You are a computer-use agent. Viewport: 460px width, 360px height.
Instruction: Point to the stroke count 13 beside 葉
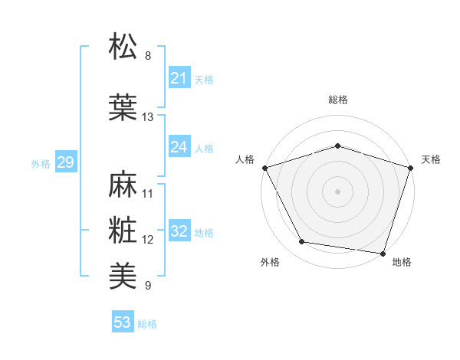pyautogui.click(x=148, y=117)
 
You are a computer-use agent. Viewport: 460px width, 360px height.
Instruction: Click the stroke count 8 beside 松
pyautogui.click(x=148, y=56)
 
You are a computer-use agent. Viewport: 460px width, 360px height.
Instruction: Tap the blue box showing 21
pyautogui.click(x=179, y=77)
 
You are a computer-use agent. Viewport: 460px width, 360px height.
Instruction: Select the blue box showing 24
pyautogui.click(x=179, y=146)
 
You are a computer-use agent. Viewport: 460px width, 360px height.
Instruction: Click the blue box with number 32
pyautogui.click(x=179, y=231)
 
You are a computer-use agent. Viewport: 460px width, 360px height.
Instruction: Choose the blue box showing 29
pyautogui.click(x=65, y=162)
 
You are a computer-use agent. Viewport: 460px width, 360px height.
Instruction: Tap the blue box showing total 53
pyautogui.click(x=123, y=322)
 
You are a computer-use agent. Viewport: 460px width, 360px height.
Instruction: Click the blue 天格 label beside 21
pyautogui.click(x=204, y=79)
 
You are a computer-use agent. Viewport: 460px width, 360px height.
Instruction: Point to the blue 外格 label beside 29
pyautogui.click(x=41, y=163)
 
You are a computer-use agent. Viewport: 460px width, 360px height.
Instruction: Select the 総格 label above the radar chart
pyautogui.click(x=338, y=100)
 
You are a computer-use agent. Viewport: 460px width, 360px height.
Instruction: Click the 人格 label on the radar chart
pyautogui.click(x=245, y=159)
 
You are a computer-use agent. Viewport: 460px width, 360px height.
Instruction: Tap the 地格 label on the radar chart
pyautogui.click(x=402, y=263)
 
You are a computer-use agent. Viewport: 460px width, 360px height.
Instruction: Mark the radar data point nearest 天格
pyautogui.click(x=411, y=167)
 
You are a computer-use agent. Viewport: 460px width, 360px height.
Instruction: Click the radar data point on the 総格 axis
pyautogui.click(x=338, y=146)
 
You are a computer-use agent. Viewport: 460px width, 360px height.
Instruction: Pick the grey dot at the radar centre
pyautogui.click(x=338, y=191)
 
